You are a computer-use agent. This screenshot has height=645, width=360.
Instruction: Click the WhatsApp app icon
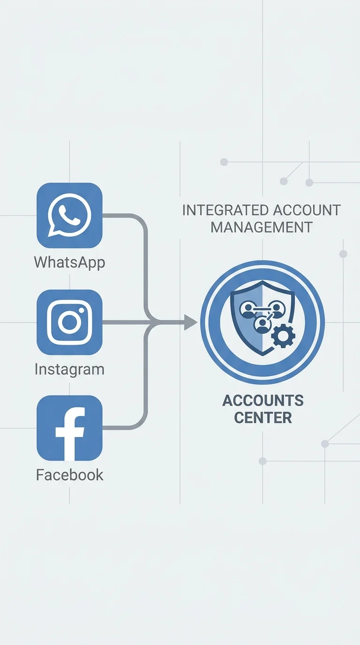(69, 215)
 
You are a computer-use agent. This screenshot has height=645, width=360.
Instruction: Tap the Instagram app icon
(69, 322)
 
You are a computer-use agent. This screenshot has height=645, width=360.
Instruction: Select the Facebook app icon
(69, 428)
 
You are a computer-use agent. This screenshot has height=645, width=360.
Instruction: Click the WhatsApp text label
(69, 262)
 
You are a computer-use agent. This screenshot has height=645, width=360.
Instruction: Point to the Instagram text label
(69, 369)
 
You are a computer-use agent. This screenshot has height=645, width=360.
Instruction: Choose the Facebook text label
(69, 475)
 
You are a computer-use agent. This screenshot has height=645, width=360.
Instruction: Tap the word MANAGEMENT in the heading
(262, 227)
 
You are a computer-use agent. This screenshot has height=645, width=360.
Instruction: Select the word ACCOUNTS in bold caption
(262, 400)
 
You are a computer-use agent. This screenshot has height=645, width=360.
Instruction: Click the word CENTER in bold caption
(262, 418)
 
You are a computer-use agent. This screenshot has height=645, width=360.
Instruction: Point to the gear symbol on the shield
(283, 336)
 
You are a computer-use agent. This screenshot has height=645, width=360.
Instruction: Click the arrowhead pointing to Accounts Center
(191, 322)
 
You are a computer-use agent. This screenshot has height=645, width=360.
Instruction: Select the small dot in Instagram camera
(82, 310)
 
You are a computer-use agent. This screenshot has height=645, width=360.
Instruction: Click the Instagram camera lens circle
(69, 322)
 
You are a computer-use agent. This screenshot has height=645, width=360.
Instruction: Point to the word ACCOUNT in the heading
(307, 210)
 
